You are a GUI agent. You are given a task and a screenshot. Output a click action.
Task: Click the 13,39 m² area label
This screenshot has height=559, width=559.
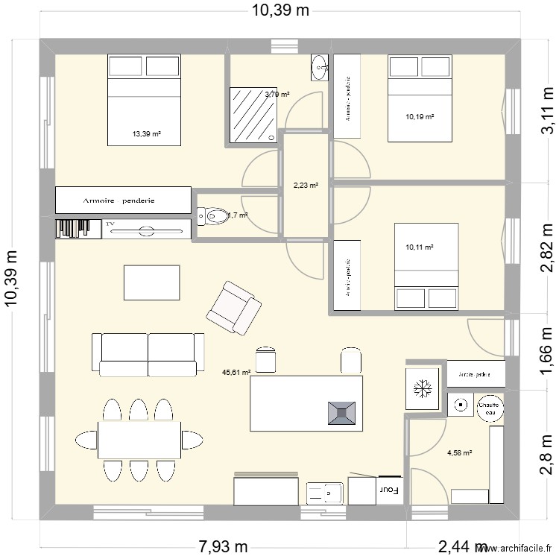(x=147, y=134)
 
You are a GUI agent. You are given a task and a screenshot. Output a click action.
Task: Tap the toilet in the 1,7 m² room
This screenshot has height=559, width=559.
(x=213, y=216)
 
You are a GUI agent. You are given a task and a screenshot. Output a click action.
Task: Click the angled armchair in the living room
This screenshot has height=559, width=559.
(x=234, y=306)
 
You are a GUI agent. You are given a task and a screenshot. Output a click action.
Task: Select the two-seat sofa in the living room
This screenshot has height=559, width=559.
(x=148, y=355)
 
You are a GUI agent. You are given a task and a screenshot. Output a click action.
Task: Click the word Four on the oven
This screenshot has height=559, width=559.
(x=388, y=490)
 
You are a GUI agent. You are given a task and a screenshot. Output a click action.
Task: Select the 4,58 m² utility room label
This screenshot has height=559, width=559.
(x=459, y=452)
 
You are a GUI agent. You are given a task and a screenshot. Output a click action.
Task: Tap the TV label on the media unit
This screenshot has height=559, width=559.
(x=111, y=223)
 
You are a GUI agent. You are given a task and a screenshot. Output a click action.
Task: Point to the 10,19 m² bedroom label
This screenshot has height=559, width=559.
(x=420, y=116)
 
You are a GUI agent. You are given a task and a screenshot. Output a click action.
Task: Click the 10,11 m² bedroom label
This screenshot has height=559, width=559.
(x=420, y=247)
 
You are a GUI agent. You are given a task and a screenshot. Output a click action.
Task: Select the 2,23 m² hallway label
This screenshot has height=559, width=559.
(x=304, y=186)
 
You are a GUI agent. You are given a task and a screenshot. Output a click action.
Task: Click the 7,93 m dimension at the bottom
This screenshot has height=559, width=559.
(x=223, y=547)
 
